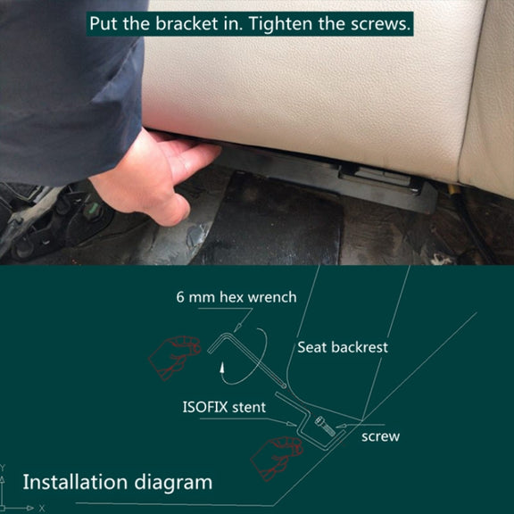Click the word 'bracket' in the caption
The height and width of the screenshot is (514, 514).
tap(187, 23)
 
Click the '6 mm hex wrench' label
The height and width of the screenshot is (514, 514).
tap(236, 297)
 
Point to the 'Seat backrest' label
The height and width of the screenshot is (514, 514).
tap(343, 347)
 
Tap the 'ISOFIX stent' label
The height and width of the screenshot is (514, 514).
tap(224, 407)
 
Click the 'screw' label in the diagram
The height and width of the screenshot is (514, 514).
tap(380, 436)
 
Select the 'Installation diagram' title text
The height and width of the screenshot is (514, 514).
tap(118, 482)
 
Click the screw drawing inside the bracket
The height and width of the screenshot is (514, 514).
tap(325, 427)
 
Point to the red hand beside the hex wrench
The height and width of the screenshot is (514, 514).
tap(174, 357)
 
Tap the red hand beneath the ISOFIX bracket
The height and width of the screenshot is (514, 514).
tap(276, 458)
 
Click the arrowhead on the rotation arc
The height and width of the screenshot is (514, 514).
tap(222, 368)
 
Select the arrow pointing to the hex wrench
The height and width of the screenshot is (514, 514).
tap(244, 320)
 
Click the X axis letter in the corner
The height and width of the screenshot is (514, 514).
tap(42, 508)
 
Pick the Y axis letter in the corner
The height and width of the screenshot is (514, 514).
tap(4, 468)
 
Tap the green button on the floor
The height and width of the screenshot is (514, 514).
tap(92, 209)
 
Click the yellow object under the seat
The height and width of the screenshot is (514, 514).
tap(453, 189)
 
